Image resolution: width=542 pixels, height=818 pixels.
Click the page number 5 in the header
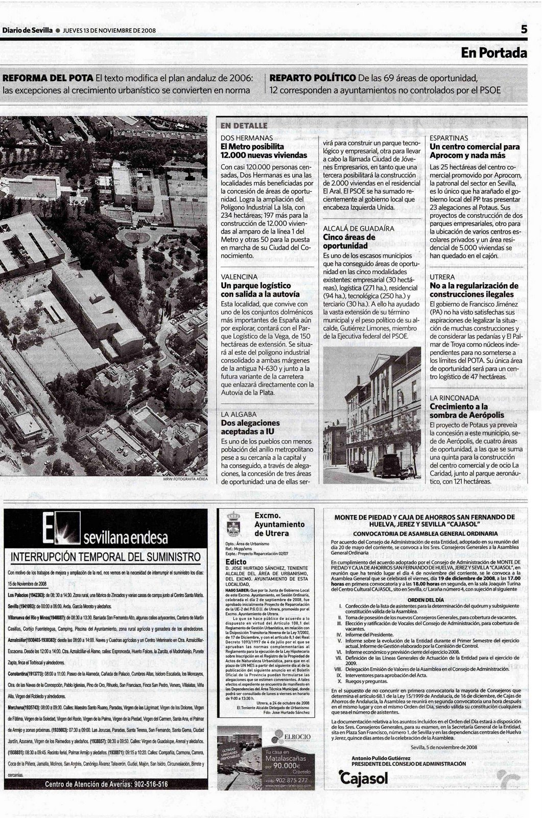(524, 30)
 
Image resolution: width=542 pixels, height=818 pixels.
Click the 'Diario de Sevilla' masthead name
(28, 30)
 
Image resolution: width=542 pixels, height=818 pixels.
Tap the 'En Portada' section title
(493, 53)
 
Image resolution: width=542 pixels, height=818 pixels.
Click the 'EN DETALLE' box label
(244, 126)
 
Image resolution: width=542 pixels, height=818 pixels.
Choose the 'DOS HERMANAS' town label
(247, 138)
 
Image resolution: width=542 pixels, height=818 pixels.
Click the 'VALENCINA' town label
(239, 276)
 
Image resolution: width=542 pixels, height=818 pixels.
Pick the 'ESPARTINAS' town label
(449, 138)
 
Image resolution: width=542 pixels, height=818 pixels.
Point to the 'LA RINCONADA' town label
(454, 397)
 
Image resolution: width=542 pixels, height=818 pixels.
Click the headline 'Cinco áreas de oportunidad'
(349, 241)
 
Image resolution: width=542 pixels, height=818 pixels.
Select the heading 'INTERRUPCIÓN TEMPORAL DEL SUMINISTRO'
(106, 556)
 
